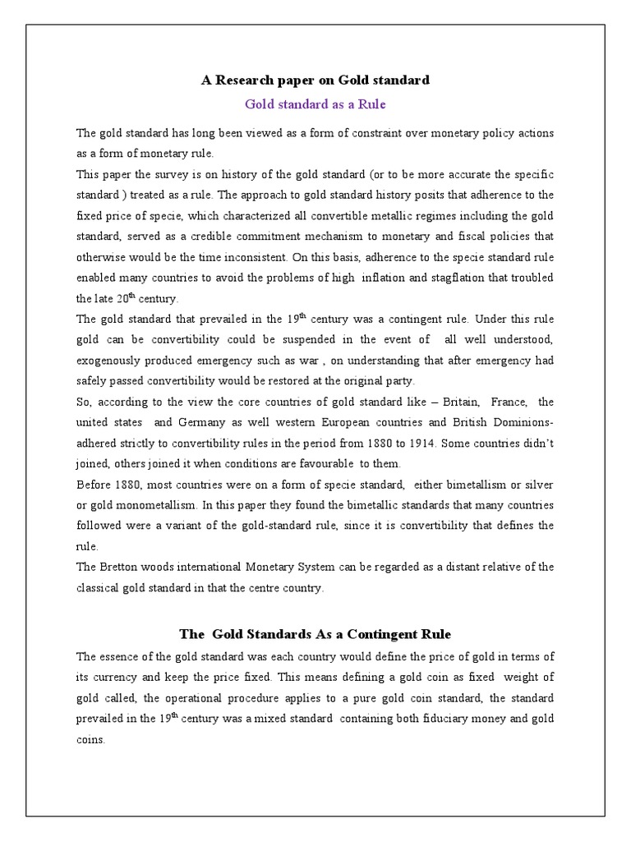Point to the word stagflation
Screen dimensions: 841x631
click(x=463, y=278)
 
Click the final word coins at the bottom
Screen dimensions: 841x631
click(x=90, y=739)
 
